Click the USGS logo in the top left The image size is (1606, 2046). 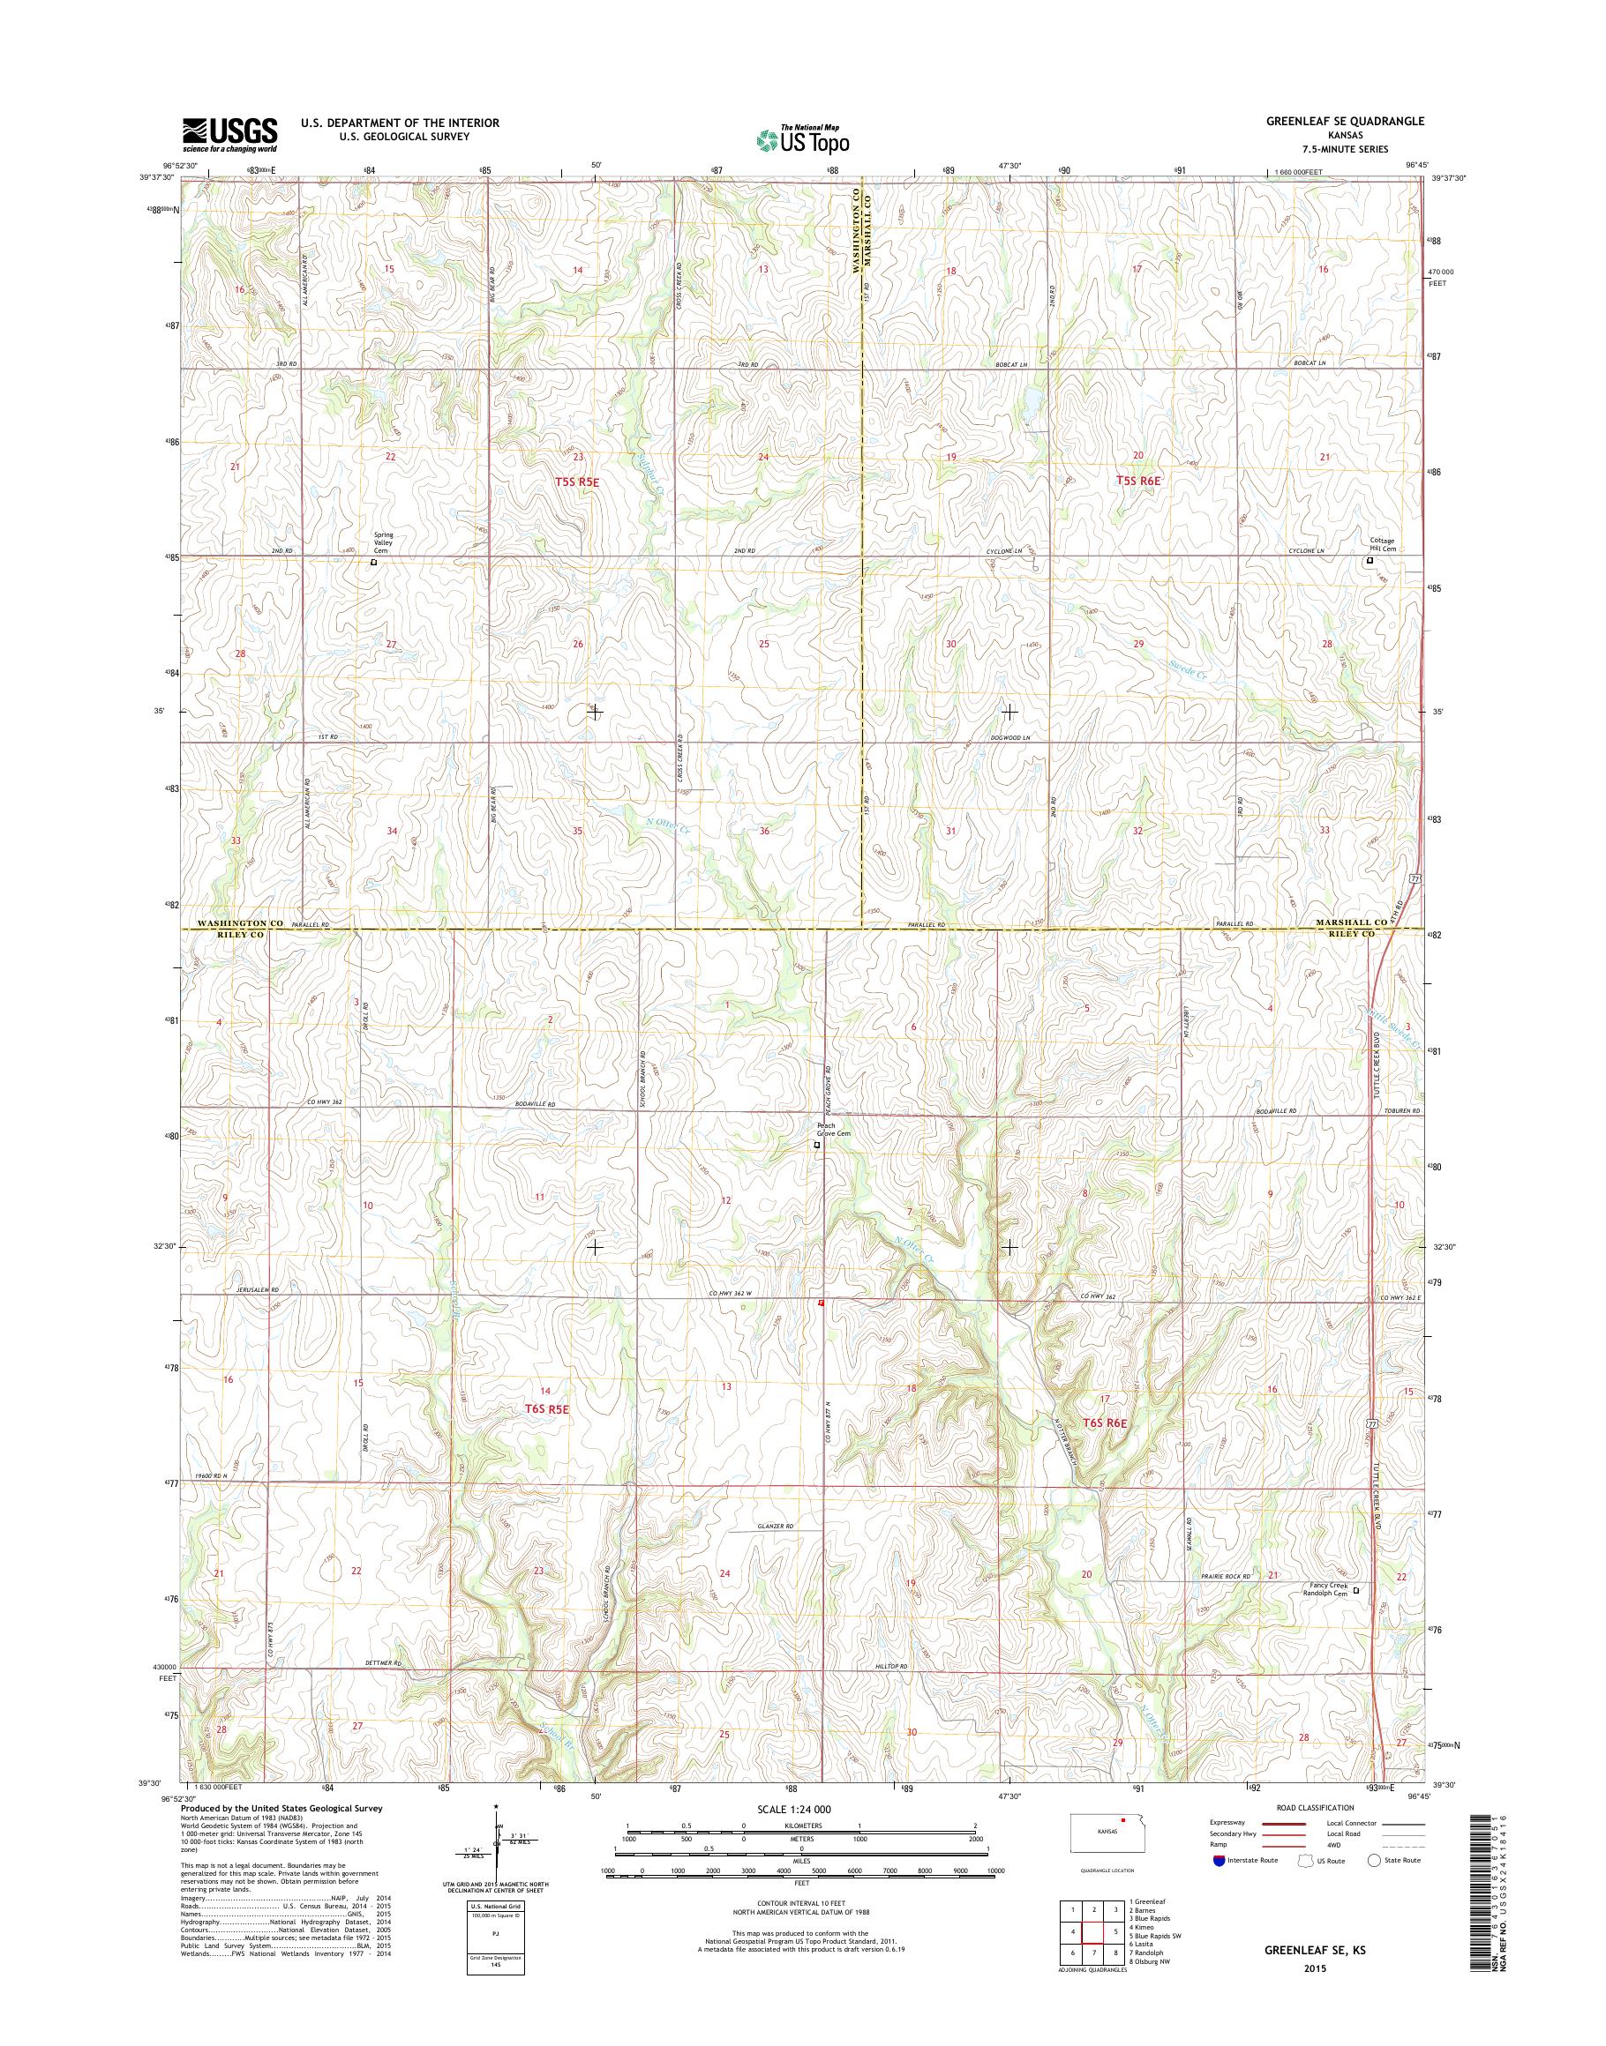(x=229, y=134)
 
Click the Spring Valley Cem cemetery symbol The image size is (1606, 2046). (x=373, y=563)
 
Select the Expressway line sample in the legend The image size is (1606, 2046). (x=1281, y=1823)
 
